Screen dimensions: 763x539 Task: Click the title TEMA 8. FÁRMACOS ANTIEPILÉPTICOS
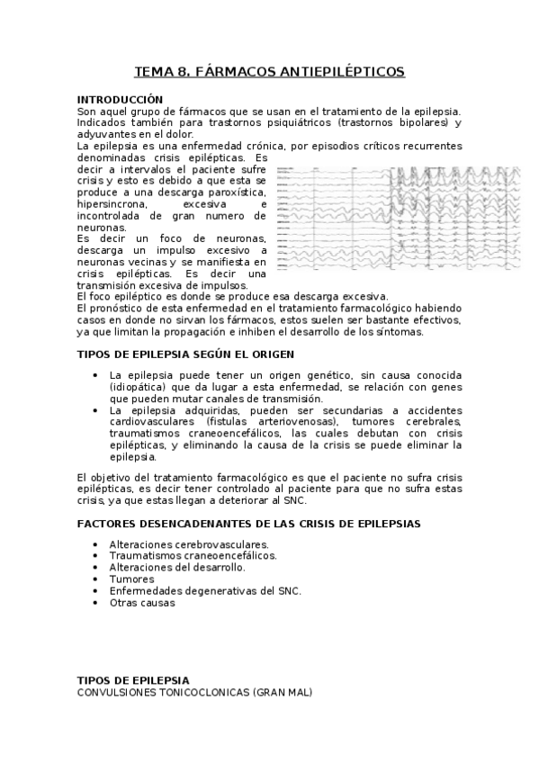click(269, 71)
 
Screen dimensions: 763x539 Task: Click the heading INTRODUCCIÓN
click(121, 98)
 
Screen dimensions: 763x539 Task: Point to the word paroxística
click(237, 193)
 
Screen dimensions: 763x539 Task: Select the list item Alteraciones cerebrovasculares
click(189, 544)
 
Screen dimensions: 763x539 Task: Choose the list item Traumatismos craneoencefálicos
click(193, 556)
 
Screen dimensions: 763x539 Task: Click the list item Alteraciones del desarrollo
click(177, 568)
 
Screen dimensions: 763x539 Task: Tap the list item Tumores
click(131, 579)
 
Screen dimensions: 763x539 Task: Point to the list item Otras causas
click(142, 603)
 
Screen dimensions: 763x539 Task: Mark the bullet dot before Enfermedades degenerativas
click(96, 591)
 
